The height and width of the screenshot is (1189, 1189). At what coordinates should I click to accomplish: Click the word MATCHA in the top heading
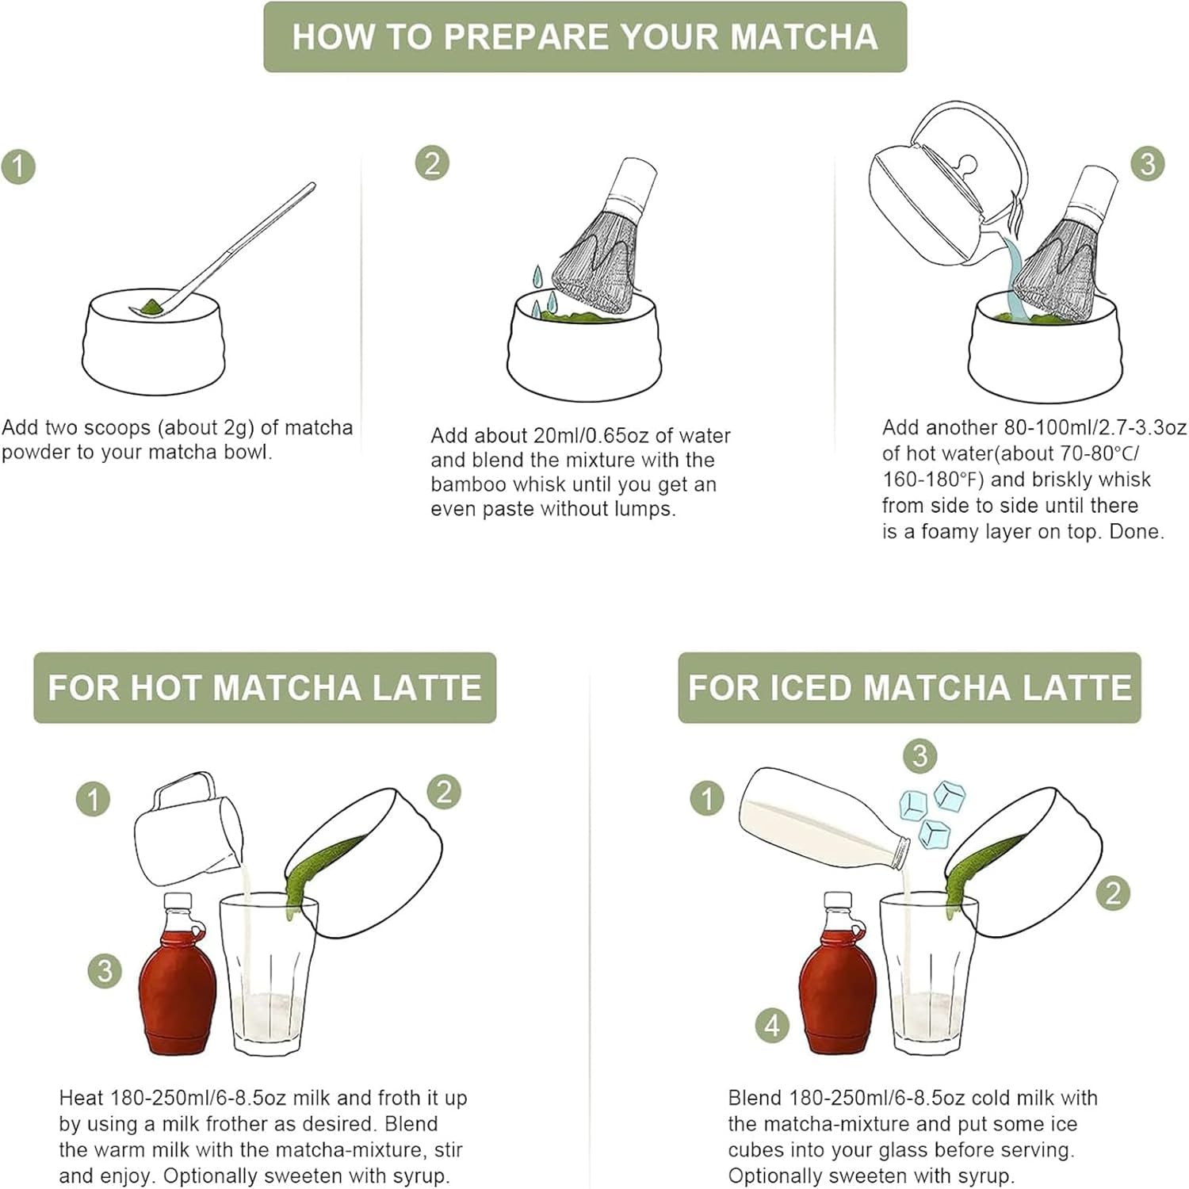803,37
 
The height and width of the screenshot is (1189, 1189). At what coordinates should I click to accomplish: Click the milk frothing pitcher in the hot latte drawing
189,828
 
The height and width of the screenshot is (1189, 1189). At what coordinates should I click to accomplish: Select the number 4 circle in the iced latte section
772,1025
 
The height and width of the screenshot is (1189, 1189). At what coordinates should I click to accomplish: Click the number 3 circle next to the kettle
1148,164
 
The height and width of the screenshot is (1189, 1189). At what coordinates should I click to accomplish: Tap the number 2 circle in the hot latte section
444,792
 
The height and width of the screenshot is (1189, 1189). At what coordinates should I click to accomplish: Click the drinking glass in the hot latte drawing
268,975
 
